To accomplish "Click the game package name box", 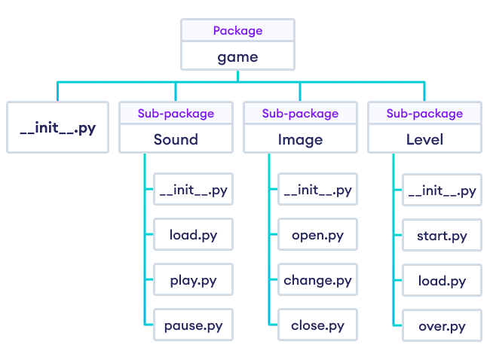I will point(237,56).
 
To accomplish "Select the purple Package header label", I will point(237,31).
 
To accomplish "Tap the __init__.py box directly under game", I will point(57,127).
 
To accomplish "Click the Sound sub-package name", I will point(176,139).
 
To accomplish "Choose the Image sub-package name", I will point(300,139).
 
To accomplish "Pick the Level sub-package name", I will point(424,139).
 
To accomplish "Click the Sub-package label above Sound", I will point(176,114).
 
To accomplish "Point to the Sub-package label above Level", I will point(424,114).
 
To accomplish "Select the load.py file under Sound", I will point(193,235).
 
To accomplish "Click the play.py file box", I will point(193,281).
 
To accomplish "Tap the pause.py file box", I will point(193,326).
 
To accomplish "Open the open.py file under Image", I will point(317,235).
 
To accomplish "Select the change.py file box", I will point(317,281).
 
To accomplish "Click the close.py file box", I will point(317,326).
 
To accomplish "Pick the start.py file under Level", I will point(442,236).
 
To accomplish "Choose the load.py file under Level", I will point(442,281).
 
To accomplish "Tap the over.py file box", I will point(442,326).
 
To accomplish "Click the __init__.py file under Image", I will point(317,190).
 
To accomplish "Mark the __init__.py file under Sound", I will point(193,190).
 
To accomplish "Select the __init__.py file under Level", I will point(442,190).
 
